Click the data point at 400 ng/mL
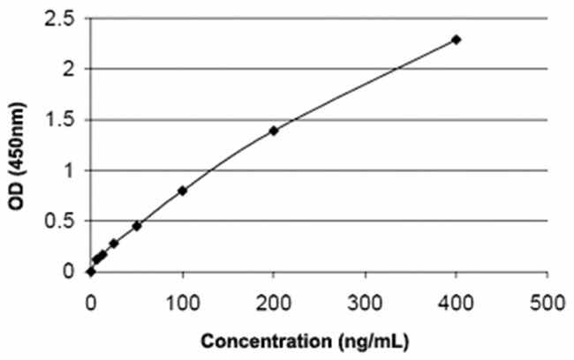456,40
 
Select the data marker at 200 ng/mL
274,131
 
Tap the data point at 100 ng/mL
182,191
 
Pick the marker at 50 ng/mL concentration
137,226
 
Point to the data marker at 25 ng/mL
114,244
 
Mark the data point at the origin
91,272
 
